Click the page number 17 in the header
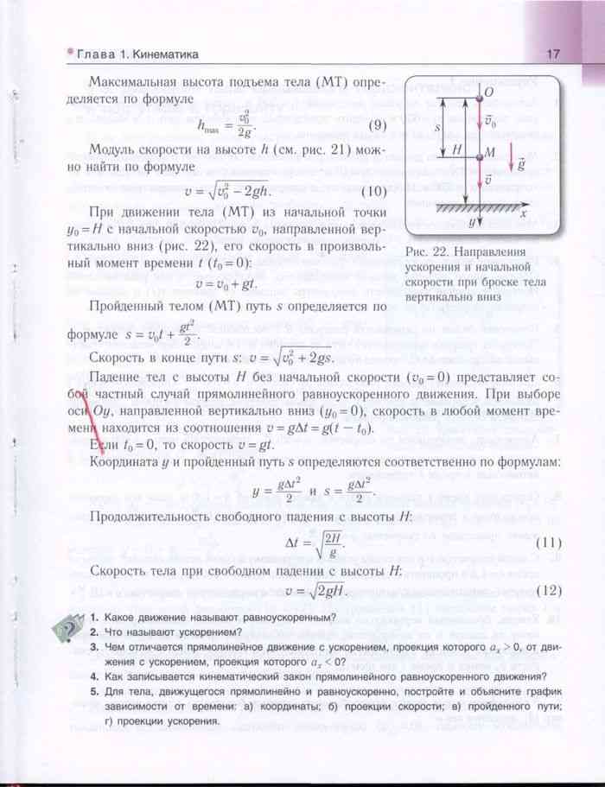pos(553,54)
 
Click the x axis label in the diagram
pos(524,210)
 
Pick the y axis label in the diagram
pos(470,223)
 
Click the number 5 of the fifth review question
pos(92,693)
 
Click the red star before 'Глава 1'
pos(71,54)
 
